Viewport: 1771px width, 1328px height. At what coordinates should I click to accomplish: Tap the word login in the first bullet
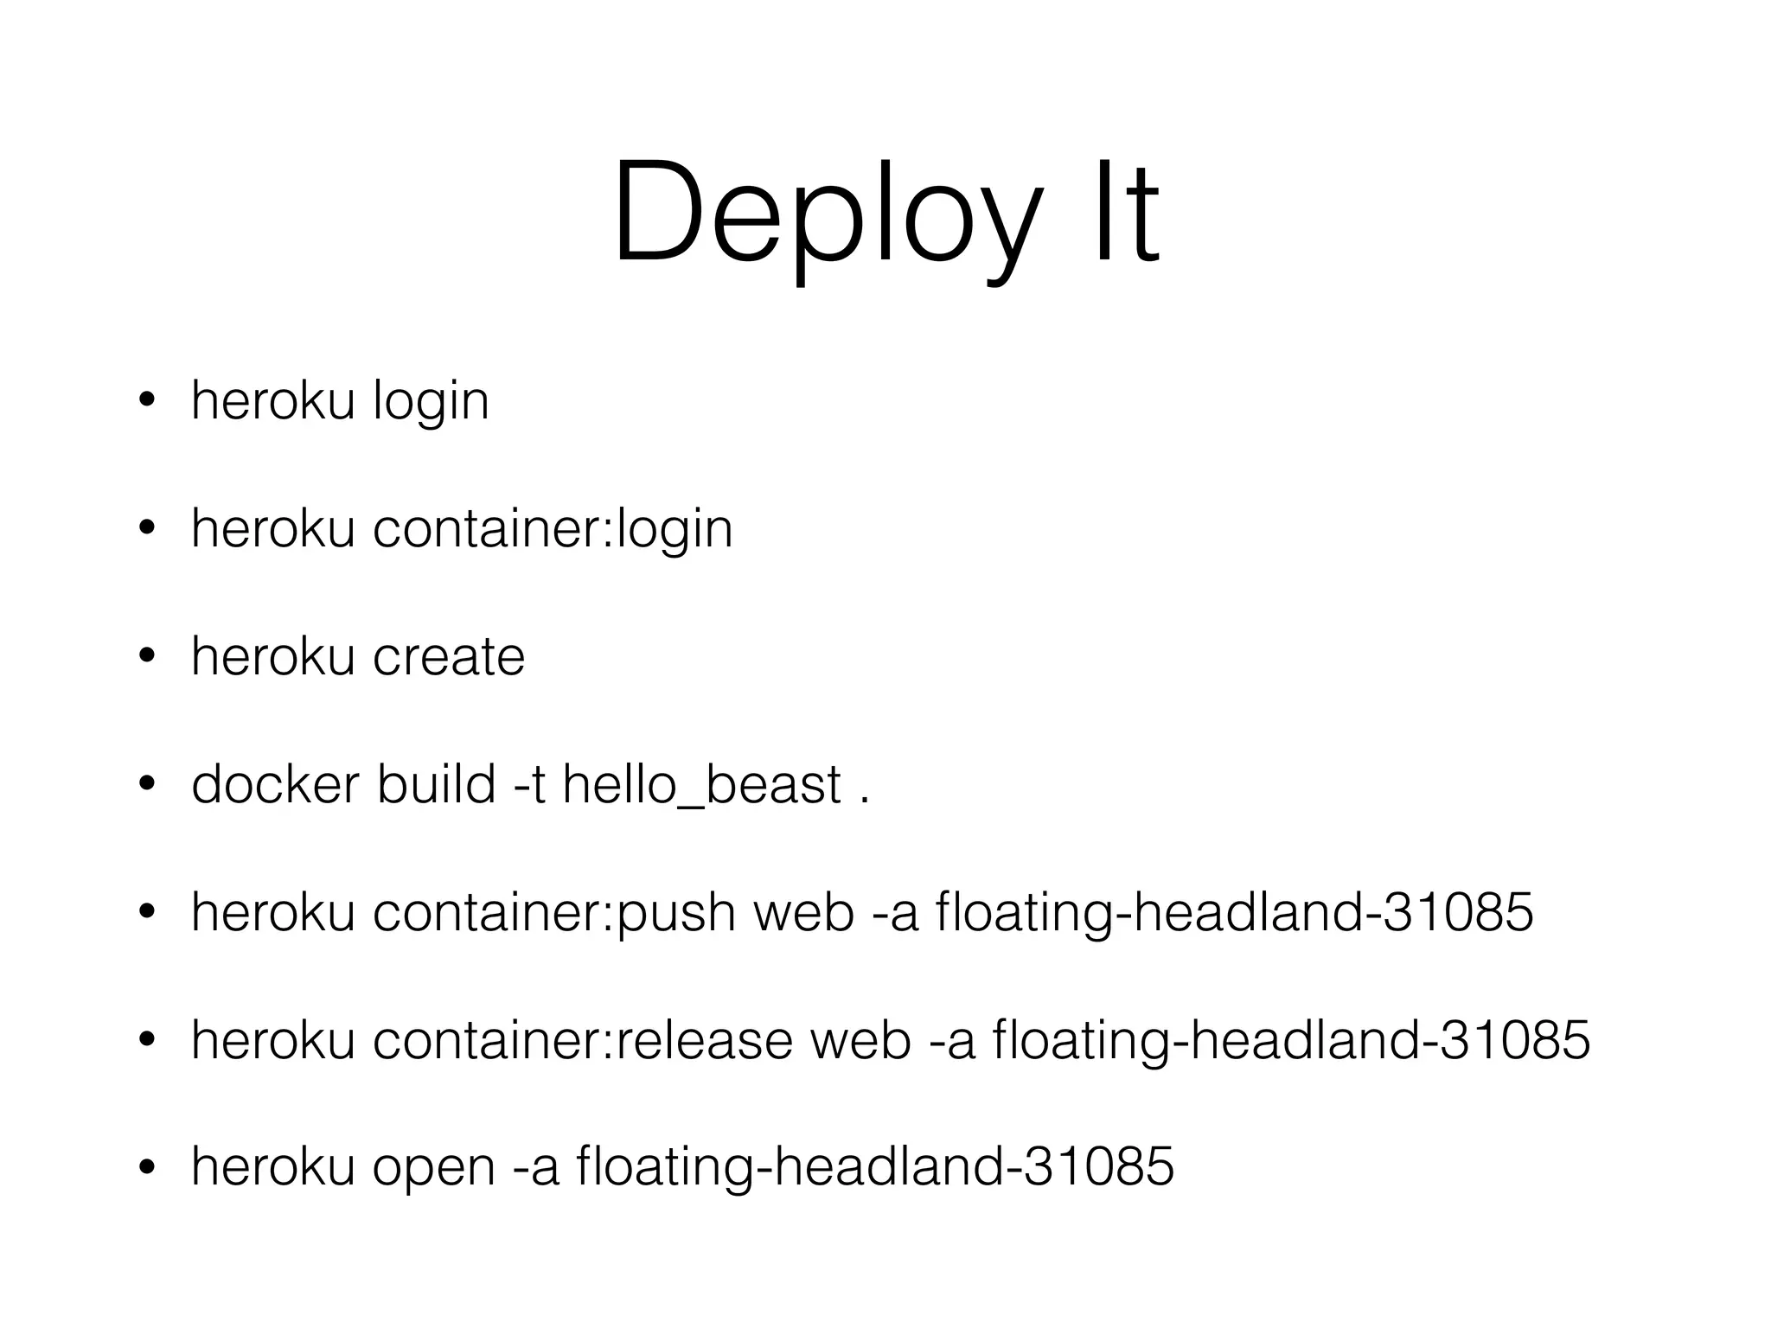click(431, 402)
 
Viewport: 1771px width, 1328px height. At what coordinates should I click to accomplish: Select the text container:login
click(553, 528)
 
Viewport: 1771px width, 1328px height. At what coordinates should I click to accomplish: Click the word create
click(448, 657)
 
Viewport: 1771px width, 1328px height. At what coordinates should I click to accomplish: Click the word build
click(436, 785)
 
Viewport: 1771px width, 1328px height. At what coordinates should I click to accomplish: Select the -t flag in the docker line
click(529, 785)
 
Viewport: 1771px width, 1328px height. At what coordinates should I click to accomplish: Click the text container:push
click(553, 913)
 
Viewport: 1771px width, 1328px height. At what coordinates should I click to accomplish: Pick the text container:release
click(582, 1039)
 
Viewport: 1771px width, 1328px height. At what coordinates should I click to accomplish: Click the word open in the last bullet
click(433, 1167)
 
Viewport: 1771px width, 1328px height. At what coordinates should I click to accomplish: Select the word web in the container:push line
click(804, 913)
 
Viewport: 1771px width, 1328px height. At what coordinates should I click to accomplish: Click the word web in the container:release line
click(861, 1039)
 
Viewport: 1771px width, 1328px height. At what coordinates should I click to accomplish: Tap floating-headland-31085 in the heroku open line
click(874, 1167)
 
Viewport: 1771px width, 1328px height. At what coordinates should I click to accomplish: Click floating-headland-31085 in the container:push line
click(1234, 913)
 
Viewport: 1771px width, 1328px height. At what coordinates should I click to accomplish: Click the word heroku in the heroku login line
click(272, 402)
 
